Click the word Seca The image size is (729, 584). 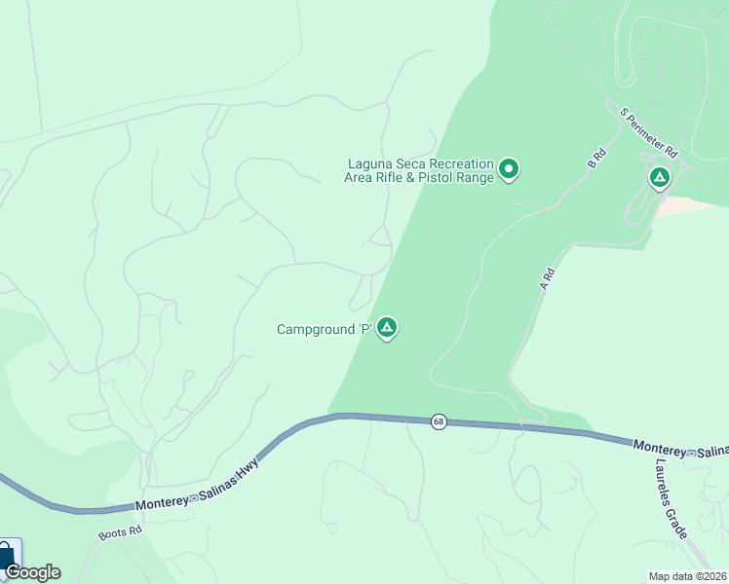pos(410,164)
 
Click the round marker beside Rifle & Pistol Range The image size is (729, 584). pos(509,170)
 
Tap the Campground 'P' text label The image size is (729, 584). pos(325,330)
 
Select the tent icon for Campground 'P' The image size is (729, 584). pos(387,328)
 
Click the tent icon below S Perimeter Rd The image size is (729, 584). pos(660,177)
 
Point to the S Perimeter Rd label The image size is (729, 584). pos(649,133)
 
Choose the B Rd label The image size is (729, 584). pos(597,159)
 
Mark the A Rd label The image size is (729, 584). pos(548,279)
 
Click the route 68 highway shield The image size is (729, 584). pos(440,421)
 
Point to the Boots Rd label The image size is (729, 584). pos(120,533)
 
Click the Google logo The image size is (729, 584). pos(32,572)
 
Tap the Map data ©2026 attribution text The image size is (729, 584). pos(687,576)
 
